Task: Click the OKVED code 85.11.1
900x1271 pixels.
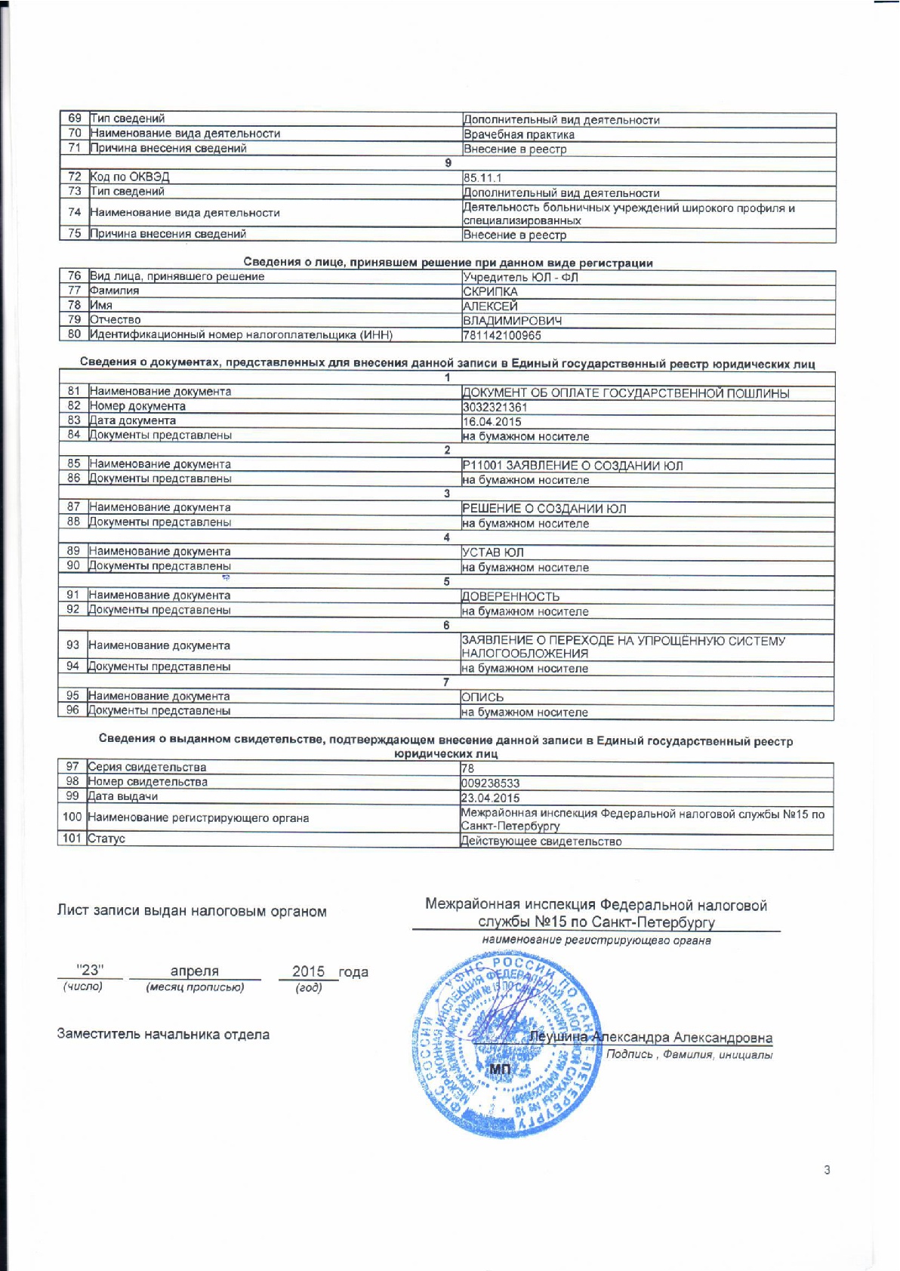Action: (x=482, y=178)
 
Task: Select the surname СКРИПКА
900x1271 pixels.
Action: (x=490, y=291)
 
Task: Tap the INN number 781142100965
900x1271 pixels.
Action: (x=501, y=335)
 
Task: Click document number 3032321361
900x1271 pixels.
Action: (x=495, y=407)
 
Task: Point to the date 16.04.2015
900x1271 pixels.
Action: (x=492, y=421)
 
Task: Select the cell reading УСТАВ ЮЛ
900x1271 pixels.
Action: (x=492, y=552)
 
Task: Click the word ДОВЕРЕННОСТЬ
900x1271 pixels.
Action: (x=510, y=596)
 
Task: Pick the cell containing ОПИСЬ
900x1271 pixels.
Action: (x=482, y=697)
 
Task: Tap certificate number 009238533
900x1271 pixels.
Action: (x=490, y=783)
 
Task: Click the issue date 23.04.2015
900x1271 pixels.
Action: (x=490, y=798)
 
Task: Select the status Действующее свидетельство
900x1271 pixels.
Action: (x=541, y=841)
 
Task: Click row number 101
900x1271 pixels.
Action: (x=72, y=839)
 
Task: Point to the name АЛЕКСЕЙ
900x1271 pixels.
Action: (x=490, y=306)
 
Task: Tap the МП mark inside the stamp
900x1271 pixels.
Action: (x=500, y=1069)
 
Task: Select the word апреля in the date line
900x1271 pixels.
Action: (x=194, y=971)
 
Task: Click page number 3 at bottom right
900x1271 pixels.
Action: (x=827, y=1170)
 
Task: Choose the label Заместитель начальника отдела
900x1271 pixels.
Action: (x=163, y=1034)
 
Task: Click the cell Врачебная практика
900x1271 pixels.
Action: (x=519, y=134)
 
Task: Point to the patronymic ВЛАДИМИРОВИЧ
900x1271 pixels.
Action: (x=512, y=321)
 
